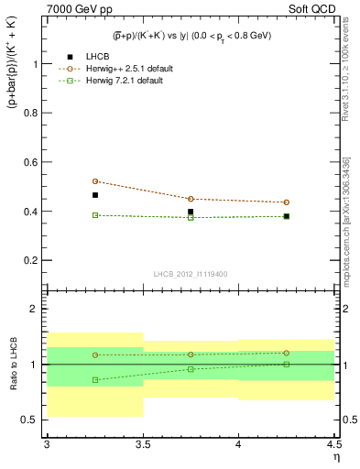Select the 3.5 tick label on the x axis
142,445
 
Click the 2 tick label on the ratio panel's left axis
34,309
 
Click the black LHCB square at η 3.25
94,195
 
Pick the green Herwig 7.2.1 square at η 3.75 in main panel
191,217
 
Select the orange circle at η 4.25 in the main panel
287,202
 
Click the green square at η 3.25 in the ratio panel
94,379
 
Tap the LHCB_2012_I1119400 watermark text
191,273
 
